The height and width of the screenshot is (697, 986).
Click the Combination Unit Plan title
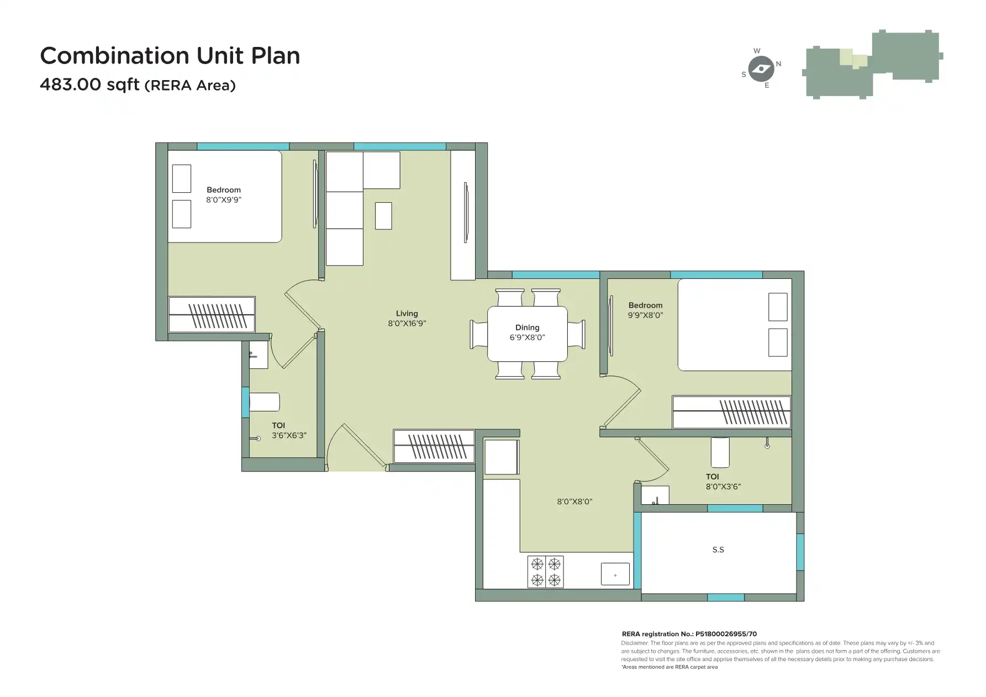pos(170,56)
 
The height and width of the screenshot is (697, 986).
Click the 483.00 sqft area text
pos(138,85)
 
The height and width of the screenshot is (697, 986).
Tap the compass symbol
pos(762,69)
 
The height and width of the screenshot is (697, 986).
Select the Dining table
pos(527,334)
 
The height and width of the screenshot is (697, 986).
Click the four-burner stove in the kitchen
pos(545,572)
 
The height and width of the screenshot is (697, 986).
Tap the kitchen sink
pos(615,574)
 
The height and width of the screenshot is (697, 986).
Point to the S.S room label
pos(718,550)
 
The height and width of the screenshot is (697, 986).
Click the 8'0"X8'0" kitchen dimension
pos(574,501)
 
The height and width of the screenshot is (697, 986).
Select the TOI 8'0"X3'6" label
pos(723,482)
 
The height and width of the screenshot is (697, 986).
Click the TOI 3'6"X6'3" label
pos(288,430)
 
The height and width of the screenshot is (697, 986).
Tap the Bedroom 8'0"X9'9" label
pos(224,194)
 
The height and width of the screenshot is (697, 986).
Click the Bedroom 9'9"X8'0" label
pos(645,310)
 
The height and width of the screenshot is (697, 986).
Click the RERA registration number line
pos(689,634)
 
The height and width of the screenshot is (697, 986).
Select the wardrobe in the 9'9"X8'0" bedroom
pos(731,412)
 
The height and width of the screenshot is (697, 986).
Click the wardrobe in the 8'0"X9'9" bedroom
pos(212,314)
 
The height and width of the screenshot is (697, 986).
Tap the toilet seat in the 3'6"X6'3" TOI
pos(264,402)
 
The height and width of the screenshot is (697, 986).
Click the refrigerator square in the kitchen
pos(501,457)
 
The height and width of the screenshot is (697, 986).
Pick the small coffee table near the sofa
pos(383,216)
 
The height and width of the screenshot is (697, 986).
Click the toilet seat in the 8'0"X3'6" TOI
pos(720,452)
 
